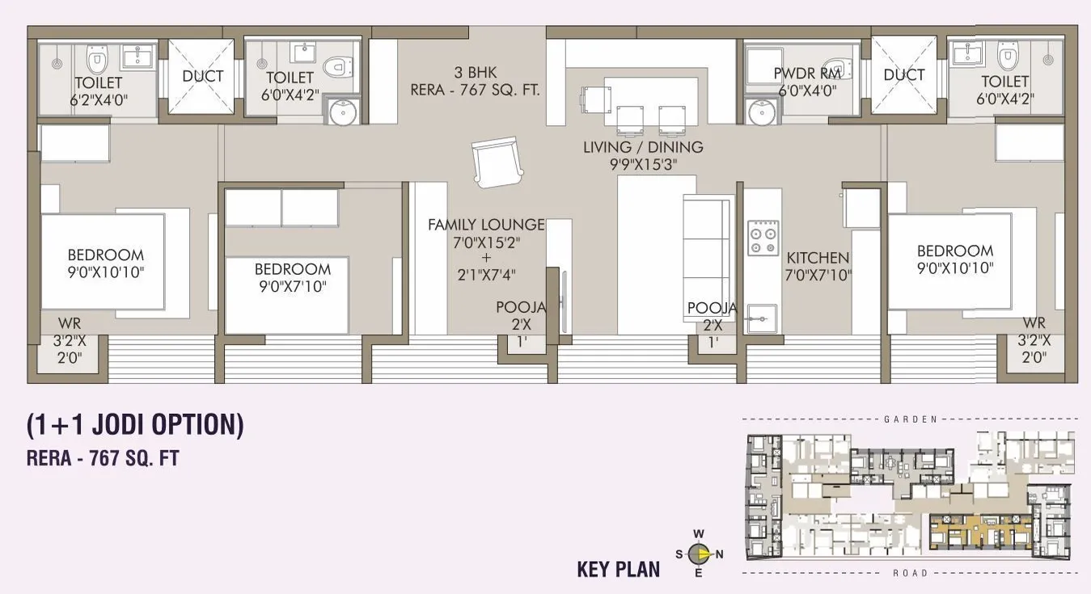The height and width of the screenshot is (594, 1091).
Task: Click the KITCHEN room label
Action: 818,258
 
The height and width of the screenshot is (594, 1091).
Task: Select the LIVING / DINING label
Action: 643,147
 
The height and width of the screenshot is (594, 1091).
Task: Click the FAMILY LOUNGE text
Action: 486,225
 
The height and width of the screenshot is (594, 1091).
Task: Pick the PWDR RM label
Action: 806,74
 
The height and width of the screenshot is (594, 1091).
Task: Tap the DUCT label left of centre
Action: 202,76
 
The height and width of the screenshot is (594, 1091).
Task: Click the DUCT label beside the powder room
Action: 903,75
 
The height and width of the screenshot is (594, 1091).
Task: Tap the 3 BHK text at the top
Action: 475,72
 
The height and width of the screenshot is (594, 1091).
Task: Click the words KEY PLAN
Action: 618,569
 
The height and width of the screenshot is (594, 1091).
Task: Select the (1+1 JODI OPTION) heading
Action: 135,425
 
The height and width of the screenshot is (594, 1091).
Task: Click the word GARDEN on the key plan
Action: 910,419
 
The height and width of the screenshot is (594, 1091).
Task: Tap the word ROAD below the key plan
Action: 910,573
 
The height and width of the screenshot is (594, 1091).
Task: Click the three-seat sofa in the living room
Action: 708,247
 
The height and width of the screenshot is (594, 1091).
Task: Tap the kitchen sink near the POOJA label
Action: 761,318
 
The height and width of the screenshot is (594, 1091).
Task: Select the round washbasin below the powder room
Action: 762,113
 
